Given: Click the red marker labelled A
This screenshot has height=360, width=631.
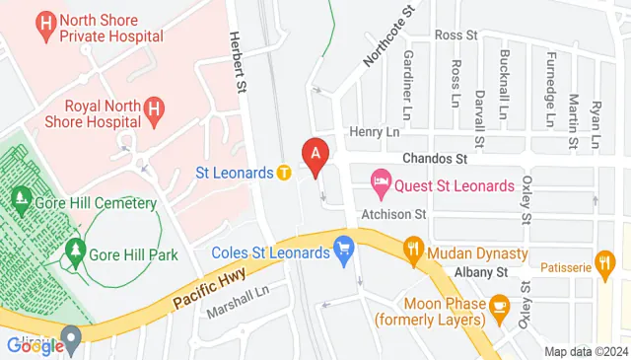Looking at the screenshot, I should point(316,155).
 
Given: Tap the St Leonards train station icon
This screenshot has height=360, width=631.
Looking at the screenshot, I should point(284,173).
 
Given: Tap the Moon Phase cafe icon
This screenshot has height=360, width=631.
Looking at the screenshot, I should point(499,305).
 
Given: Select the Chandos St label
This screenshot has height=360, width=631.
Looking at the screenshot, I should point(433,158).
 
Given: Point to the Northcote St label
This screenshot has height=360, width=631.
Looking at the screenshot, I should point(386,38).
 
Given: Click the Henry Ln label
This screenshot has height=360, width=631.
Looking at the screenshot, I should point(377,131).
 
